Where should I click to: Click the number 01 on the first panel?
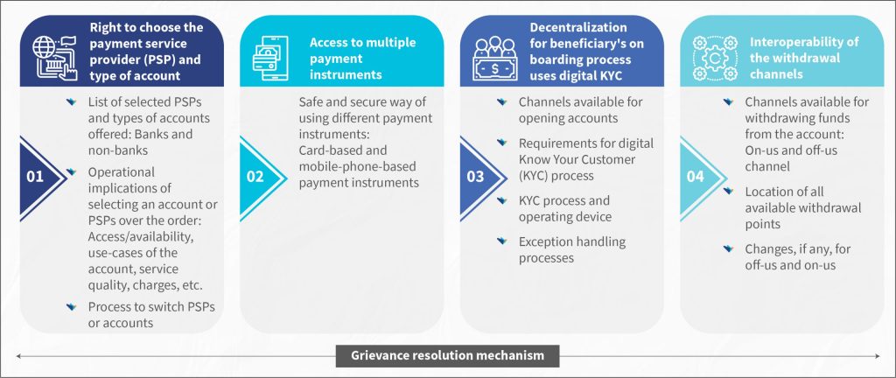35,177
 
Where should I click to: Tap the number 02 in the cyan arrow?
255,177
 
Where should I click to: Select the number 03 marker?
475,177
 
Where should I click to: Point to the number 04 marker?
696,177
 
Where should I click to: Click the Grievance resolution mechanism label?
447,356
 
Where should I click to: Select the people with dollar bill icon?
495,59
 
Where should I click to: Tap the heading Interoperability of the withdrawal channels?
796,59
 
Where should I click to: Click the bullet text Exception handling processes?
572,249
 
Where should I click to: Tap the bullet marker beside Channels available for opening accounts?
501,101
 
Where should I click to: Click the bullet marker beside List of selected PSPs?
71,101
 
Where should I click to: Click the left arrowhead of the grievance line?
19,356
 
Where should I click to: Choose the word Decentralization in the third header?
578,27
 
